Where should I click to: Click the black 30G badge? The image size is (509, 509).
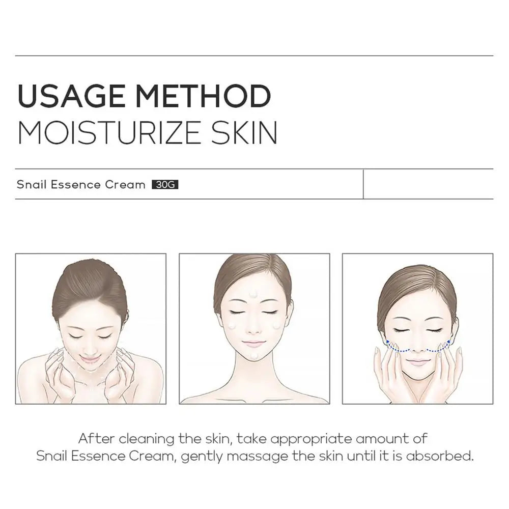(x=165, y=185)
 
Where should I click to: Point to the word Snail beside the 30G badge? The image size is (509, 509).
(x=32, y=184)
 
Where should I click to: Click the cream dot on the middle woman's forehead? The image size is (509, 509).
(x=253, y=294)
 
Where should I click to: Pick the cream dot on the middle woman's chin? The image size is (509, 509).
(x=253, y=355)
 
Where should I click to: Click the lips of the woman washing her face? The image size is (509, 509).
(x=90, y=359)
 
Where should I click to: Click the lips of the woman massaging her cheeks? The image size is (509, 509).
(x=418, y=362)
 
